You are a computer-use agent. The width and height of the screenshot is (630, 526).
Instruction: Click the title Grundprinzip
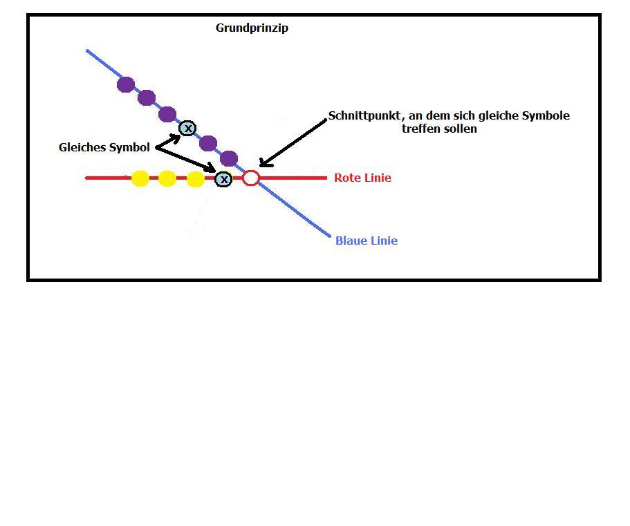click(252, 28)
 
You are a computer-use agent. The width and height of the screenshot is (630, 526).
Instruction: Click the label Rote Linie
click(362, 178)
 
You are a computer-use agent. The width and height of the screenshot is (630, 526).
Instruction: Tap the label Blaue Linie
click(366, 241)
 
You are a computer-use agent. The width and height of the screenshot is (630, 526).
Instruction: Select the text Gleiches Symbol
click(104, 147)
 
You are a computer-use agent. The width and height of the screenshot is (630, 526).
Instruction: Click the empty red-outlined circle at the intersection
click(251, 178)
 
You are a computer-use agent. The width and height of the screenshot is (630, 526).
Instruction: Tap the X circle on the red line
click(223, 179)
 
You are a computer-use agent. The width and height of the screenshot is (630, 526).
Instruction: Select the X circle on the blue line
click(187, 128)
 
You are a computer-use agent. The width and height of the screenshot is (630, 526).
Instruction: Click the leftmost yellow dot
click(140, 178)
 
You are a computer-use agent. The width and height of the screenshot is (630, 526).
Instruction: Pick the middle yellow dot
click(167, 178)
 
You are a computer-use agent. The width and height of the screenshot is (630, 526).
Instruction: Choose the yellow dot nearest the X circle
click(196, 179)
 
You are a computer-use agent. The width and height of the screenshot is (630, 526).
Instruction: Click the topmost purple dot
click(126, 84)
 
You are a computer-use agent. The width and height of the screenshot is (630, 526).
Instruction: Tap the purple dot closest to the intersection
click(229, 159)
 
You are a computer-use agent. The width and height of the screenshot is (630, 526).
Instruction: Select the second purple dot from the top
click(147, 97)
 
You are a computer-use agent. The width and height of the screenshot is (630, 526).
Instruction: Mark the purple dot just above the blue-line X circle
click(167, 114)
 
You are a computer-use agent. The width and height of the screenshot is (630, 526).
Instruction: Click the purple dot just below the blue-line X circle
click(208, 144)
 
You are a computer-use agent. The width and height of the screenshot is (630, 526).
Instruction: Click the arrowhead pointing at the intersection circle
click(263, 164)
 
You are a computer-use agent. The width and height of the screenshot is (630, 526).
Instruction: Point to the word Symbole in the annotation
click(546, 115)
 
